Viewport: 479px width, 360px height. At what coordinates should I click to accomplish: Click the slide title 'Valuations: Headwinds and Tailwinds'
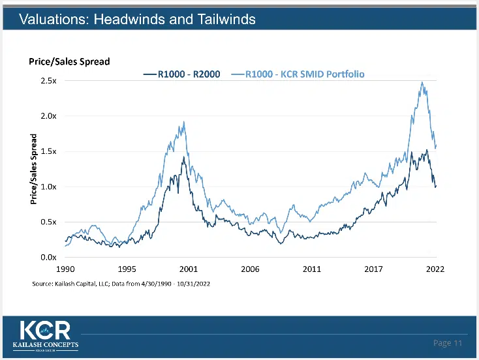click(x=137, y=19)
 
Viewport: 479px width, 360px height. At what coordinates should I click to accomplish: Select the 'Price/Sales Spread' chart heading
click(x=69, y=61)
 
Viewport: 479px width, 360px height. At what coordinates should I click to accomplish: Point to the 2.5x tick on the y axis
click(x=49, y=80)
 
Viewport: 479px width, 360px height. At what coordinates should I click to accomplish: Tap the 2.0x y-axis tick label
click(x=49, y=116)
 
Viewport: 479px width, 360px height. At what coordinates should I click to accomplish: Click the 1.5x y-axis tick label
click(x=49, y=151)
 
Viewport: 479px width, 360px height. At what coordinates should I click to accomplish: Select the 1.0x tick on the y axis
click(x=49, y=187)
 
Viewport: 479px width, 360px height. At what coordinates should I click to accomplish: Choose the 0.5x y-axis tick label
click(x=49, y=222)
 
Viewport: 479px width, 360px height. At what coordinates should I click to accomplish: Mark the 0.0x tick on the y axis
click(x=49, y=257)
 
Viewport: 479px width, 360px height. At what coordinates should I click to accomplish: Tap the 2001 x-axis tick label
click(x=189, y=269)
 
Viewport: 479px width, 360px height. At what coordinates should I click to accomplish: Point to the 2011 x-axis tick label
click(x=312, y=269)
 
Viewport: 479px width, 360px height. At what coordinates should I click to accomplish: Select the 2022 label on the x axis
click(x=435, y=269)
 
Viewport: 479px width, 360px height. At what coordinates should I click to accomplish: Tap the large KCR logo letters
click(x=44, y=330)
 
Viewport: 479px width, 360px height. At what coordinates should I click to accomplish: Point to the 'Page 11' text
click(x=448, y=343)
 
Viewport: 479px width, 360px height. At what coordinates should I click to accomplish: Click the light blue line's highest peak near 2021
click(x=422, y=82)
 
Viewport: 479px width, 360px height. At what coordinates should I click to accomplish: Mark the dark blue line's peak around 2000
click(x=184, y=157)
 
